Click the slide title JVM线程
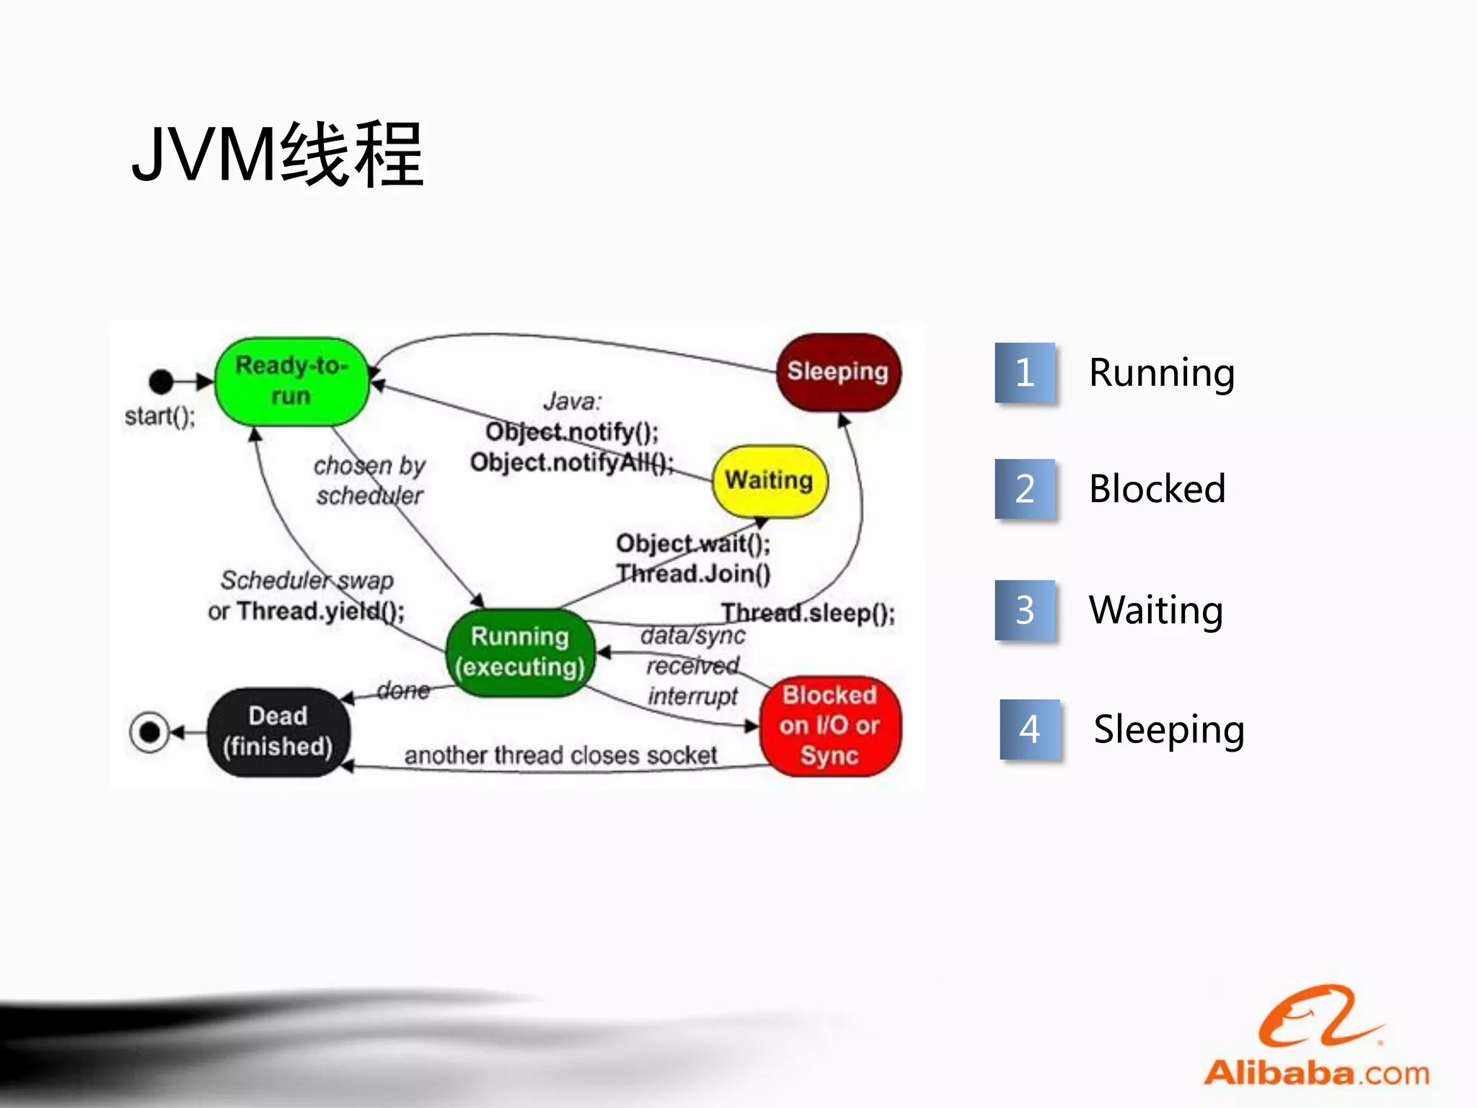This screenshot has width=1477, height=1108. (x=277, y=154)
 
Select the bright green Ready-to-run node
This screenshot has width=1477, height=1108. (x=291, y=381)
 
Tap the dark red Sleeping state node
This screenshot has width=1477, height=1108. (x=837, y=371)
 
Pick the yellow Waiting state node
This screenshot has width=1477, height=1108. (x=769, y=480)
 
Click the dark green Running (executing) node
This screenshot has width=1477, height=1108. (x=520, y=652)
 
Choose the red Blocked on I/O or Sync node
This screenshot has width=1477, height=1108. (x=829, y=725)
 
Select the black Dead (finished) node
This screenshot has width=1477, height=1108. (x=278, y=731)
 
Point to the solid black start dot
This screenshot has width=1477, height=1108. (x=161, y=381)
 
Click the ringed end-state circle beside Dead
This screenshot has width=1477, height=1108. (x=149, y=732)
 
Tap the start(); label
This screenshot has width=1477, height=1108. (x=159, y=416)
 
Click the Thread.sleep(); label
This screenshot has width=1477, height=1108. (x=808, y=613)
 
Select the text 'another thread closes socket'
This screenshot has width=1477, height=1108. (x=560, y=755)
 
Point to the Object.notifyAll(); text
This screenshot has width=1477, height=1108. (x=571, y=462)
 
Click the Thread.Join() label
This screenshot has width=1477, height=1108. (x=693, y=574)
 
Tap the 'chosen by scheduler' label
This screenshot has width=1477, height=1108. (x=369, y=480)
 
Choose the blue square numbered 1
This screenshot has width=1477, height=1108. (x=1025, y=373)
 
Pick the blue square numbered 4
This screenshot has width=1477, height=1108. (x=1029, y=729)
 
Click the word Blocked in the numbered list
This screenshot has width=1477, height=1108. (x=1157, y=489)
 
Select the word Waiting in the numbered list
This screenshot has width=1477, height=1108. (x=1155, y=610)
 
